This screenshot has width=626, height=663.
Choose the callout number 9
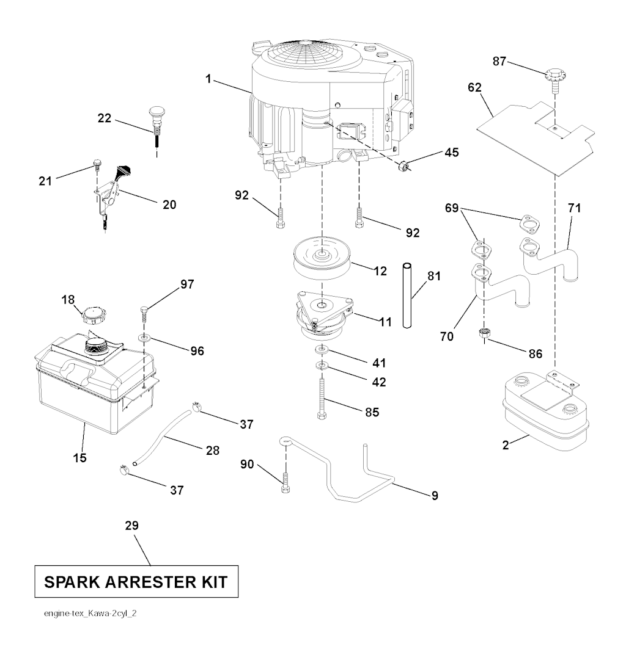[435, 495]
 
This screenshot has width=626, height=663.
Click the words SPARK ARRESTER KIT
[136, 582]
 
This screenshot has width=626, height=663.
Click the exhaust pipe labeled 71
[550, 256]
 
